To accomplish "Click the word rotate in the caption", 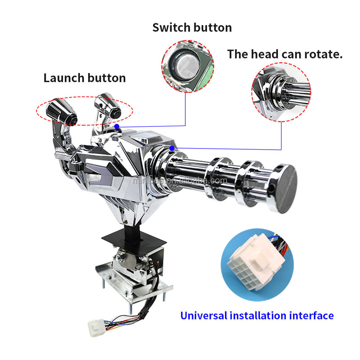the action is (323, 54).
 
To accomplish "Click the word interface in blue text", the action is (311, 315).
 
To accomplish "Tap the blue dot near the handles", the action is (117, 126).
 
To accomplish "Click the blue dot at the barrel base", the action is (172, 148).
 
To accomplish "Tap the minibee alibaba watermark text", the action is (180, 181).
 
